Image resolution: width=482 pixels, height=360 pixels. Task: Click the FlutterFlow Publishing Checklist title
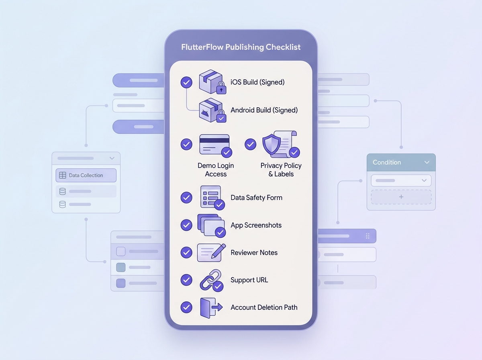tap(241, 47)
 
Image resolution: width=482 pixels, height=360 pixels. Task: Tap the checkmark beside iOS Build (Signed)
tap(186, 82)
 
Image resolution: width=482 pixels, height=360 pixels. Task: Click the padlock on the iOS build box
tap(221, 88)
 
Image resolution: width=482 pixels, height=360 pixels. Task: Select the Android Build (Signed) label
tap(264, 110)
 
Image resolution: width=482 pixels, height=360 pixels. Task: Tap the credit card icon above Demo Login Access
tap(214, 144)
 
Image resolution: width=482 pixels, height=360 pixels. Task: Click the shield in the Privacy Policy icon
tap(272, 144)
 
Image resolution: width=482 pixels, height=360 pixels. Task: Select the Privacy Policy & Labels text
tap(281, 170)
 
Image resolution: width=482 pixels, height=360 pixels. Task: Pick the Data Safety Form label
tap(256, 198)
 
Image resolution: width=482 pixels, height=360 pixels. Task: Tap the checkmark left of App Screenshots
tap(186, 225)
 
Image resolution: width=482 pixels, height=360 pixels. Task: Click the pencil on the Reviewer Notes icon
tap(219, 251)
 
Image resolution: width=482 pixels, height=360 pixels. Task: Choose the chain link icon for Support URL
tap(210, 280)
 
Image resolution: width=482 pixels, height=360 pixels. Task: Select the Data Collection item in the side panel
tap(86, 175)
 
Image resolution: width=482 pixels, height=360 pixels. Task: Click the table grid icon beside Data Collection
tap(62, 175)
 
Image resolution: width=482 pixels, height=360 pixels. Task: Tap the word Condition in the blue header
tap(387, 162)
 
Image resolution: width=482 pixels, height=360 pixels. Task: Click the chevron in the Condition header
tap(427, 162)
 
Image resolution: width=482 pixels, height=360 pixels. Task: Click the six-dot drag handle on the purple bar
tap(368, 236)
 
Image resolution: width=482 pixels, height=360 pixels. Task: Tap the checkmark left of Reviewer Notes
tap(186, 252)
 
